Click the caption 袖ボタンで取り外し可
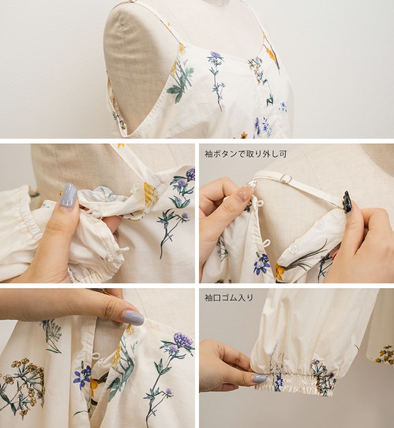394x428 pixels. coord(245,154)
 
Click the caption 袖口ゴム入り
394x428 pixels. coord(229,298)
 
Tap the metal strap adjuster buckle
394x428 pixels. coord(286,179)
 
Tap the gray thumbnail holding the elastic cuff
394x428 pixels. coord(260,378)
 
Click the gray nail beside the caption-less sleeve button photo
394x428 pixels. coord(68,195)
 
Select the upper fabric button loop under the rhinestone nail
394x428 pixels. coord(260,203)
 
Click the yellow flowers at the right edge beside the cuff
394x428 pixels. coord(385,354)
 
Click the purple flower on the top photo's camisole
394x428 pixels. coord(216,56)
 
